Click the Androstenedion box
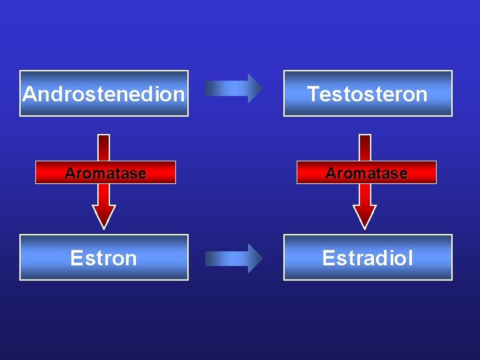click(x=103, y=93)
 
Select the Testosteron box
click(x=367, y=93)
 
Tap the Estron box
click(x=103, y=257)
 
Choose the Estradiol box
click(x=367, y=257)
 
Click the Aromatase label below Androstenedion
click(x=105, y=173)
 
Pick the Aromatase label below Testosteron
click(x=366, y=173)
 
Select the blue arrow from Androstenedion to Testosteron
click(x=233, y=88)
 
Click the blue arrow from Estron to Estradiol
click(x=233, y=258)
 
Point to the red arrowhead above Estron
click(x=103, y=215)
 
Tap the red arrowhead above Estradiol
click(x=365, y=215)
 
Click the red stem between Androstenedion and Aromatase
click(x=103, y=147)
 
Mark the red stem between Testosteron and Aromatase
click(x=365, y=147)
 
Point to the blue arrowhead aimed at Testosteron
click(x=255, y=88)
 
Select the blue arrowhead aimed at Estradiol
click(x=255, y=258)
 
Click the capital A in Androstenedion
click(x=29, y=94)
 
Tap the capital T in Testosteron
click(x=313, y=94)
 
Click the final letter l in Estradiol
click(x=411, y=258)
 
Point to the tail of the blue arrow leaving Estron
click(x=210, y=258)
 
